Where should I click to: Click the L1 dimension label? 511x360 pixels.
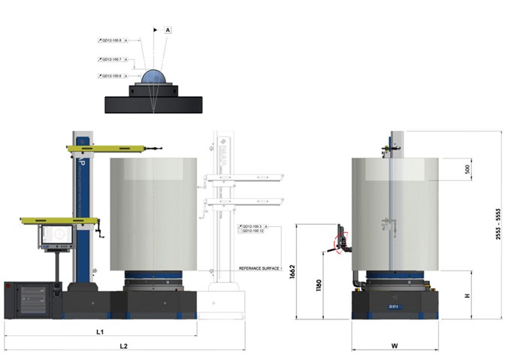[x=100, y=331]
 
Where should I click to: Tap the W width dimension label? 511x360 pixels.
[x=395, y=346]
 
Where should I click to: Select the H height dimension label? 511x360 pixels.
[x=467, y=295]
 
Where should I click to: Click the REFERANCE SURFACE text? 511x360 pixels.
[x=259, y=268]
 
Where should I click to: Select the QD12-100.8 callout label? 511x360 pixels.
[x=111, y=40]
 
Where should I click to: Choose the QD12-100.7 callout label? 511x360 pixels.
[x=111, y=59]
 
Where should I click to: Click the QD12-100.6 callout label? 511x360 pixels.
[x=111, y=76]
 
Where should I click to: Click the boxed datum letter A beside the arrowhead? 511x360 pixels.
[x=168, y=29]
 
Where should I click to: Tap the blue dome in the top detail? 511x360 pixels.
[x=154, y=78]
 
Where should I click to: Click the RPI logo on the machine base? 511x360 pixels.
[x=395, y=307]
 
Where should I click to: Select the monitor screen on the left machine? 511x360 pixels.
[x=57, y=235]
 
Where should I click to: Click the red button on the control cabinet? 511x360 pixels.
[x=8, y=286]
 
